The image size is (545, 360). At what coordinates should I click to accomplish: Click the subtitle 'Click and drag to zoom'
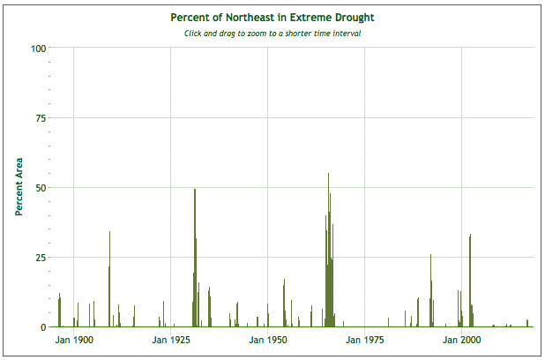pyautogui.click(x=272, y=34)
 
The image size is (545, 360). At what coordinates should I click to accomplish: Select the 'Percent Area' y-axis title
pyautogui.click(x=18, y=186)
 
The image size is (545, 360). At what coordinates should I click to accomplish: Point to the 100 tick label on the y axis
pyautogui.click(x=38, y=48)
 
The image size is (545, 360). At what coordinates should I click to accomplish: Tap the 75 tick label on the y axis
pyautogui.click(x=41, y=117)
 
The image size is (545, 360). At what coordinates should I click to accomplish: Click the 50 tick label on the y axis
pyautogui.click(x=41, y=187)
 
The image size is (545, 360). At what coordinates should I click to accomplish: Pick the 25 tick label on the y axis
pyautogui.click(x=41, y=257)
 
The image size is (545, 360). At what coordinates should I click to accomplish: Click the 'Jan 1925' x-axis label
pyautogui.click(x=171, y=340)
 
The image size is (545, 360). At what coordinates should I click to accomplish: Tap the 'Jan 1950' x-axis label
pyautogui.click(x=267, y=340)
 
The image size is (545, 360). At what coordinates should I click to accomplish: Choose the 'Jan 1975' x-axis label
pyautogui.click(x=364, y=340)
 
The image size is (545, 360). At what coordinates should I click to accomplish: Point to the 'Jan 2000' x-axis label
pyautogui.click(x=460, y=340)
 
